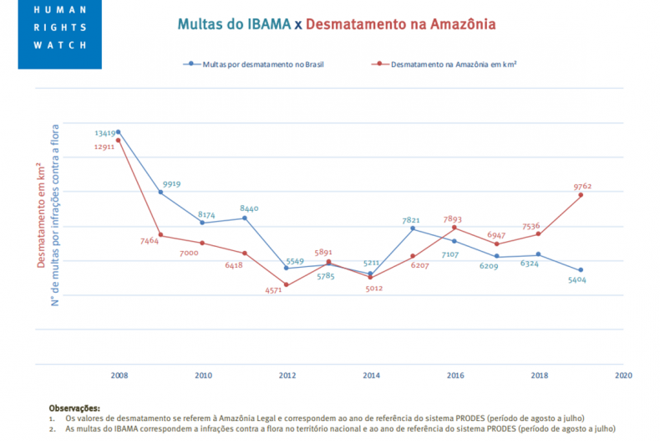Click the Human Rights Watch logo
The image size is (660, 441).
pos(59,33)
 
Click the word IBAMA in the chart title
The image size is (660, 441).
pos(265,24)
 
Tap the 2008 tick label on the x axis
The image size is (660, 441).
pos(119,376)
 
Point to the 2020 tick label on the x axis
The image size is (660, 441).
pos(623,376)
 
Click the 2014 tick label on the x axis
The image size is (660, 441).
pos(371,376)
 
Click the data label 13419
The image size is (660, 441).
pos(105,133)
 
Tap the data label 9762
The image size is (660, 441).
pos(583,187)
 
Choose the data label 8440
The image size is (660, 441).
pos(250,208)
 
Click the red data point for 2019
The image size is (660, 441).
pos(581,195)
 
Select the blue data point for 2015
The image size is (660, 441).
pos(413,228)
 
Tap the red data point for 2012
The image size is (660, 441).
pos(287,285)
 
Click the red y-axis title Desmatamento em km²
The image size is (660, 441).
pos(40,218)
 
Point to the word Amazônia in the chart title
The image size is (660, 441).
pos(454,24)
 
